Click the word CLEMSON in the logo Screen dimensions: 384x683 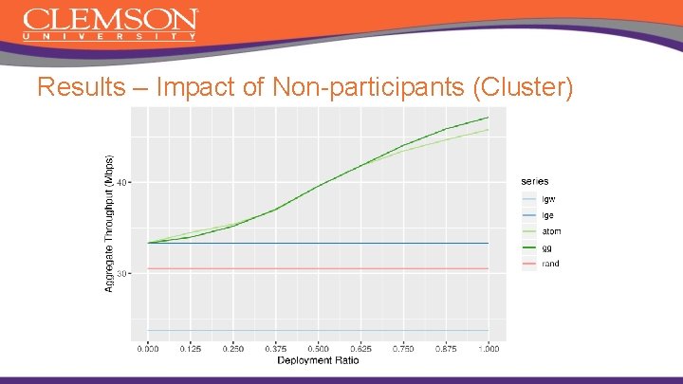110,19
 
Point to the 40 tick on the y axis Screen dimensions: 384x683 122,181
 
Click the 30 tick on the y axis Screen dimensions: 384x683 122,273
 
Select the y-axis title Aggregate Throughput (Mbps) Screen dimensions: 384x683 109,224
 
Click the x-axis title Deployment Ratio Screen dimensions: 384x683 318,359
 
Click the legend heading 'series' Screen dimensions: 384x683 534,181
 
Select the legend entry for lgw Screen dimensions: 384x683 548,199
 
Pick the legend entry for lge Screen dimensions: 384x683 547,215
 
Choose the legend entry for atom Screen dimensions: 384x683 550,231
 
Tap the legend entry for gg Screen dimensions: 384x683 546,247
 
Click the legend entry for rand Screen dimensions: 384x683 550,264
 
